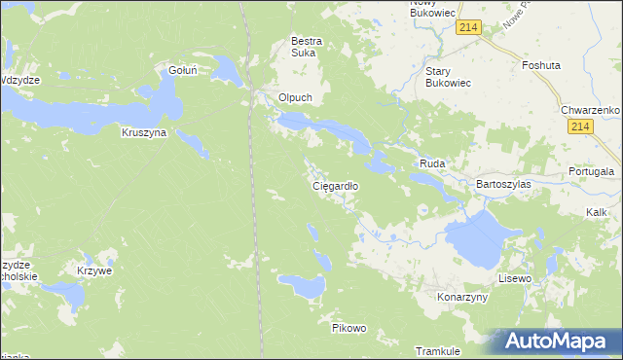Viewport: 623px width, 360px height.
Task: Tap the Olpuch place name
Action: coord(294,98)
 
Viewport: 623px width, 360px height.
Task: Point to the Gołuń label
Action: coord(184,70)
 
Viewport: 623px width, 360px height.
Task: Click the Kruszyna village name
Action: coord(144,131)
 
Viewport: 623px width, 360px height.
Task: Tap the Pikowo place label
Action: coord(348,328)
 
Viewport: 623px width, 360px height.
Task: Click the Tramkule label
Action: coord(437,350)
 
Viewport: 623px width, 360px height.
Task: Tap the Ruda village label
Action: coord(432,164)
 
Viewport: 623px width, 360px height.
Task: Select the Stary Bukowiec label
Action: coord(449,77)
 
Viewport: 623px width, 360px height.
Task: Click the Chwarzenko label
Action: coord(591,110)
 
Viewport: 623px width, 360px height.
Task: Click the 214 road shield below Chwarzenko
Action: coord(581,127)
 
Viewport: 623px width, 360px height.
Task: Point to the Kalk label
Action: coord(597,211)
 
